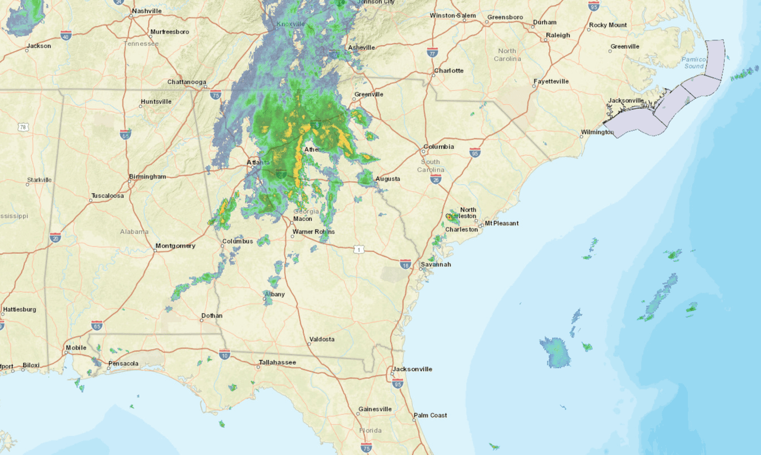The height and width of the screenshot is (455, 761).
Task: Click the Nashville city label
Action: (x=146, y=11)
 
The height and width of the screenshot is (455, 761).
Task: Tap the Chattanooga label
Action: (x=186, y=82)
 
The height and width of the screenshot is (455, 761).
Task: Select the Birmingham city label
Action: (x=147, y=176)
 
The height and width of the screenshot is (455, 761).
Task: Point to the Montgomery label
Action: (x=175, y=246)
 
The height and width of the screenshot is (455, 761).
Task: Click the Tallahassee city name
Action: (x=277, y=362)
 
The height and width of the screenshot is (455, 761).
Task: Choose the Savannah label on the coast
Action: (x=436, y=264)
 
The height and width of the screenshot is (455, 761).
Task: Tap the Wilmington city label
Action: (x=597, y=132)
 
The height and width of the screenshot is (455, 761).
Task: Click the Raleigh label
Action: (x=558, y=35)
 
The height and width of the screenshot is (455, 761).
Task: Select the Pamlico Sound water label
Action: (x=693, y=62)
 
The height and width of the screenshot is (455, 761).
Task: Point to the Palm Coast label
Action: (x=430, y=415)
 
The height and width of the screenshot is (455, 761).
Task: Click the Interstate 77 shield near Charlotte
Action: (x=432, y=52)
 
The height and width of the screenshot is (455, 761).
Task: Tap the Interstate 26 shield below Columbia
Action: (x=436, y=179)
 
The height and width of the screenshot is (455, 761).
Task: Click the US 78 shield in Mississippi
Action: (x=23, y=127)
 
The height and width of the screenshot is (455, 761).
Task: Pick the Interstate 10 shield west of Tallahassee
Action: (x=224, y=355)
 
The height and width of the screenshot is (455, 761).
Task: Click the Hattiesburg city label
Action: (x=19, y=309)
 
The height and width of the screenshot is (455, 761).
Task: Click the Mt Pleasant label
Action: (x=501, y=223)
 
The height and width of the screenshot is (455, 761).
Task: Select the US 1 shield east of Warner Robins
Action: (x=358, y=249)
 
